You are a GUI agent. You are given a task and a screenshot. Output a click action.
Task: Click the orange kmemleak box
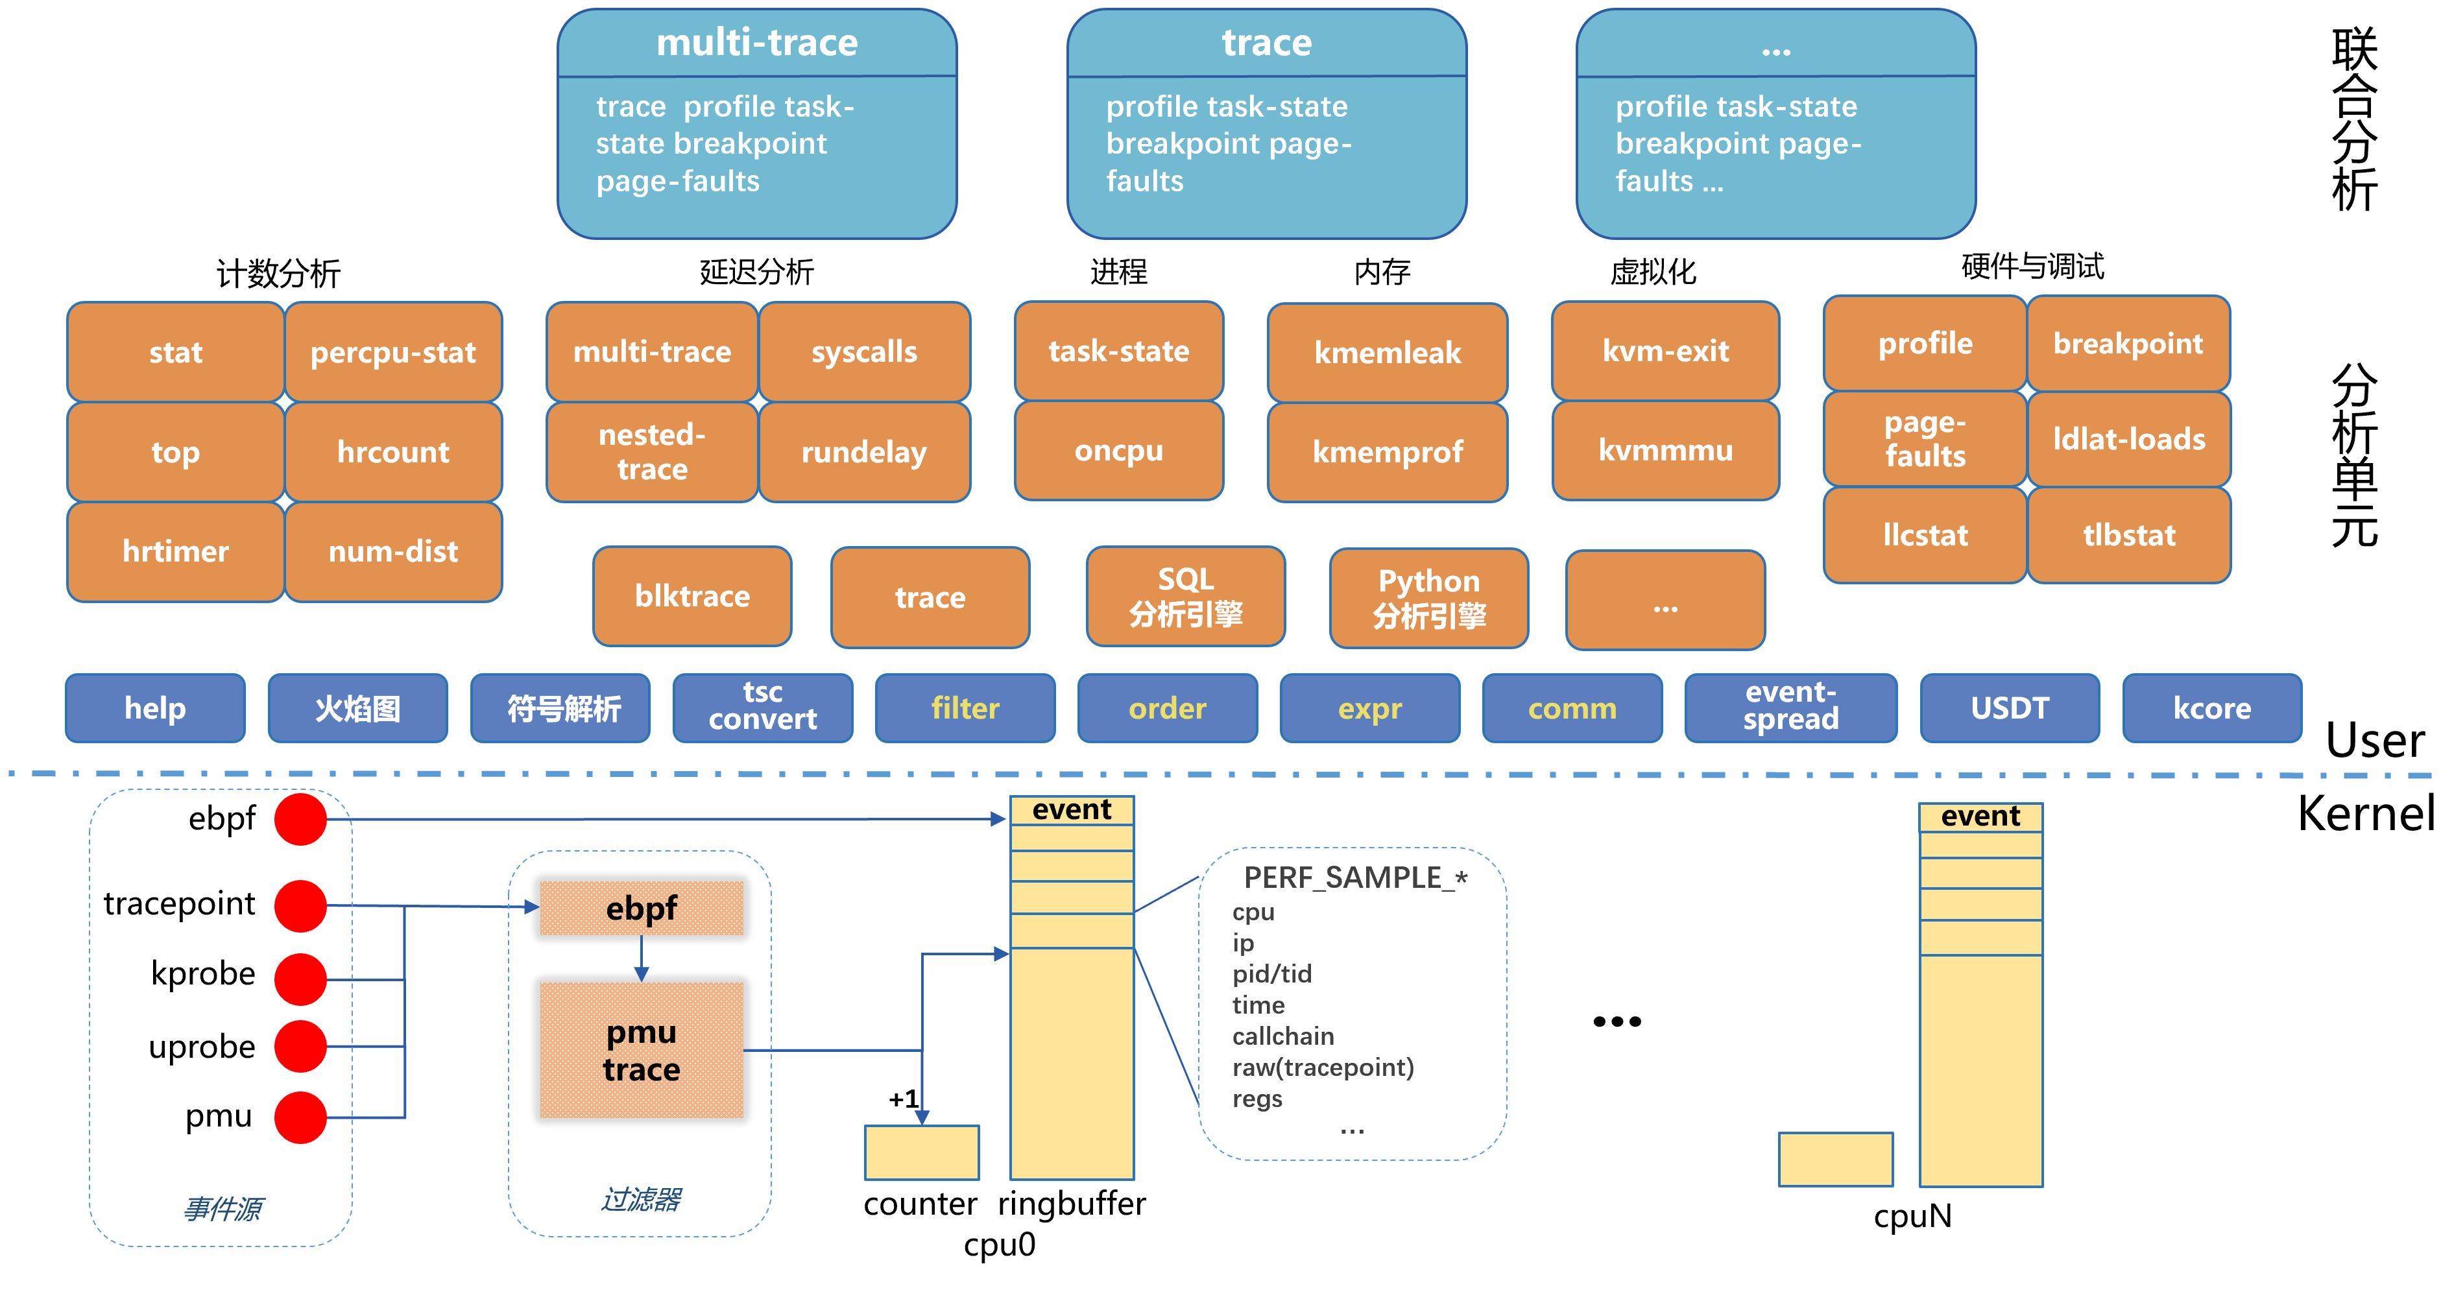point(1386,352)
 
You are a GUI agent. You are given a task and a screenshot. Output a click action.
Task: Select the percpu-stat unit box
point(392,352)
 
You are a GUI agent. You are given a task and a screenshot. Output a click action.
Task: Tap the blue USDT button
point(2008,708)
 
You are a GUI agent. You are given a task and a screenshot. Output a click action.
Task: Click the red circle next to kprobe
point(300,979)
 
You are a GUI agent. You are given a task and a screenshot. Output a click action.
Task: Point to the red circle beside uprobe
point(300,1045)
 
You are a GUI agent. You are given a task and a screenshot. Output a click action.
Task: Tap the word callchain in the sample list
point(1282,1036)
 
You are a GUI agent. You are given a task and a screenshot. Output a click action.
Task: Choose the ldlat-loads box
point(2128,439)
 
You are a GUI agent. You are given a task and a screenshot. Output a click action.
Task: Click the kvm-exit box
point(1665,350)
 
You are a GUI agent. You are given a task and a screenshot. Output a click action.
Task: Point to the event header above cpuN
point(1980,816)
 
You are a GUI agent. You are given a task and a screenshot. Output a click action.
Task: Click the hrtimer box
point(175,551)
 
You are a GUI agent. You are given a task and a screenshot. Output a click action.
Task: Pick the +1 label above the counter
point(903,1099)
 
